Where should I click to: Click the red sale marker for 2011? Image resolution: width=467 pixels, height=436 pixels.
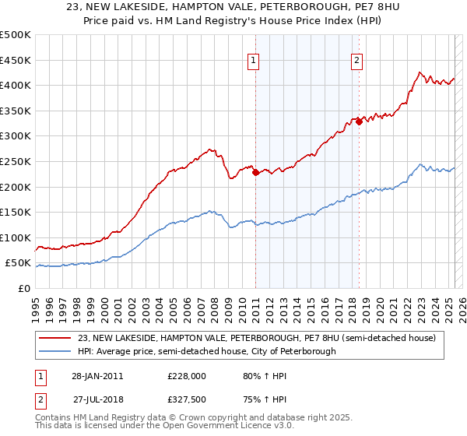point(255,173)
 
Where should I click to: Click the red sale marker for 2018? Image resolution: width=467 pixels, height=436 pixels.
point(359,121)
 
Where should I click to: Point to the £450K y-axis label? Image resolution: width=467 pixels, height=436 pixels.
point(16,60)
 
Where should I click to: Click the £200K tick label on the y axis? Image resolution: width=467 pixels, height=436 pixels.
point(16,187)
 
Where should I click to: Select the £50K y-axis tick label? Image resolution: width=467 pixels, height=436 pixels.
point(18,263)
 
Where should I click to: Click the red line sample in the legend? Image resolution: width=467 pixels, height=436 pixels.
point(56,338)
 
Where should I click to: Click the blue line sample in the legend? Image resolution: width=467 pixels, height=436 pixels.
point(56,351)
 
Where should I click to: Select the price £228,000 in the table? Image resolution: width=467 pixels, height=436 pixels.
point(186,376)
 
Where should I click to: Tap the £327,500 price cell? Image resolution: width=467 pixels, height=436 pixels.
point(186,399)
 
